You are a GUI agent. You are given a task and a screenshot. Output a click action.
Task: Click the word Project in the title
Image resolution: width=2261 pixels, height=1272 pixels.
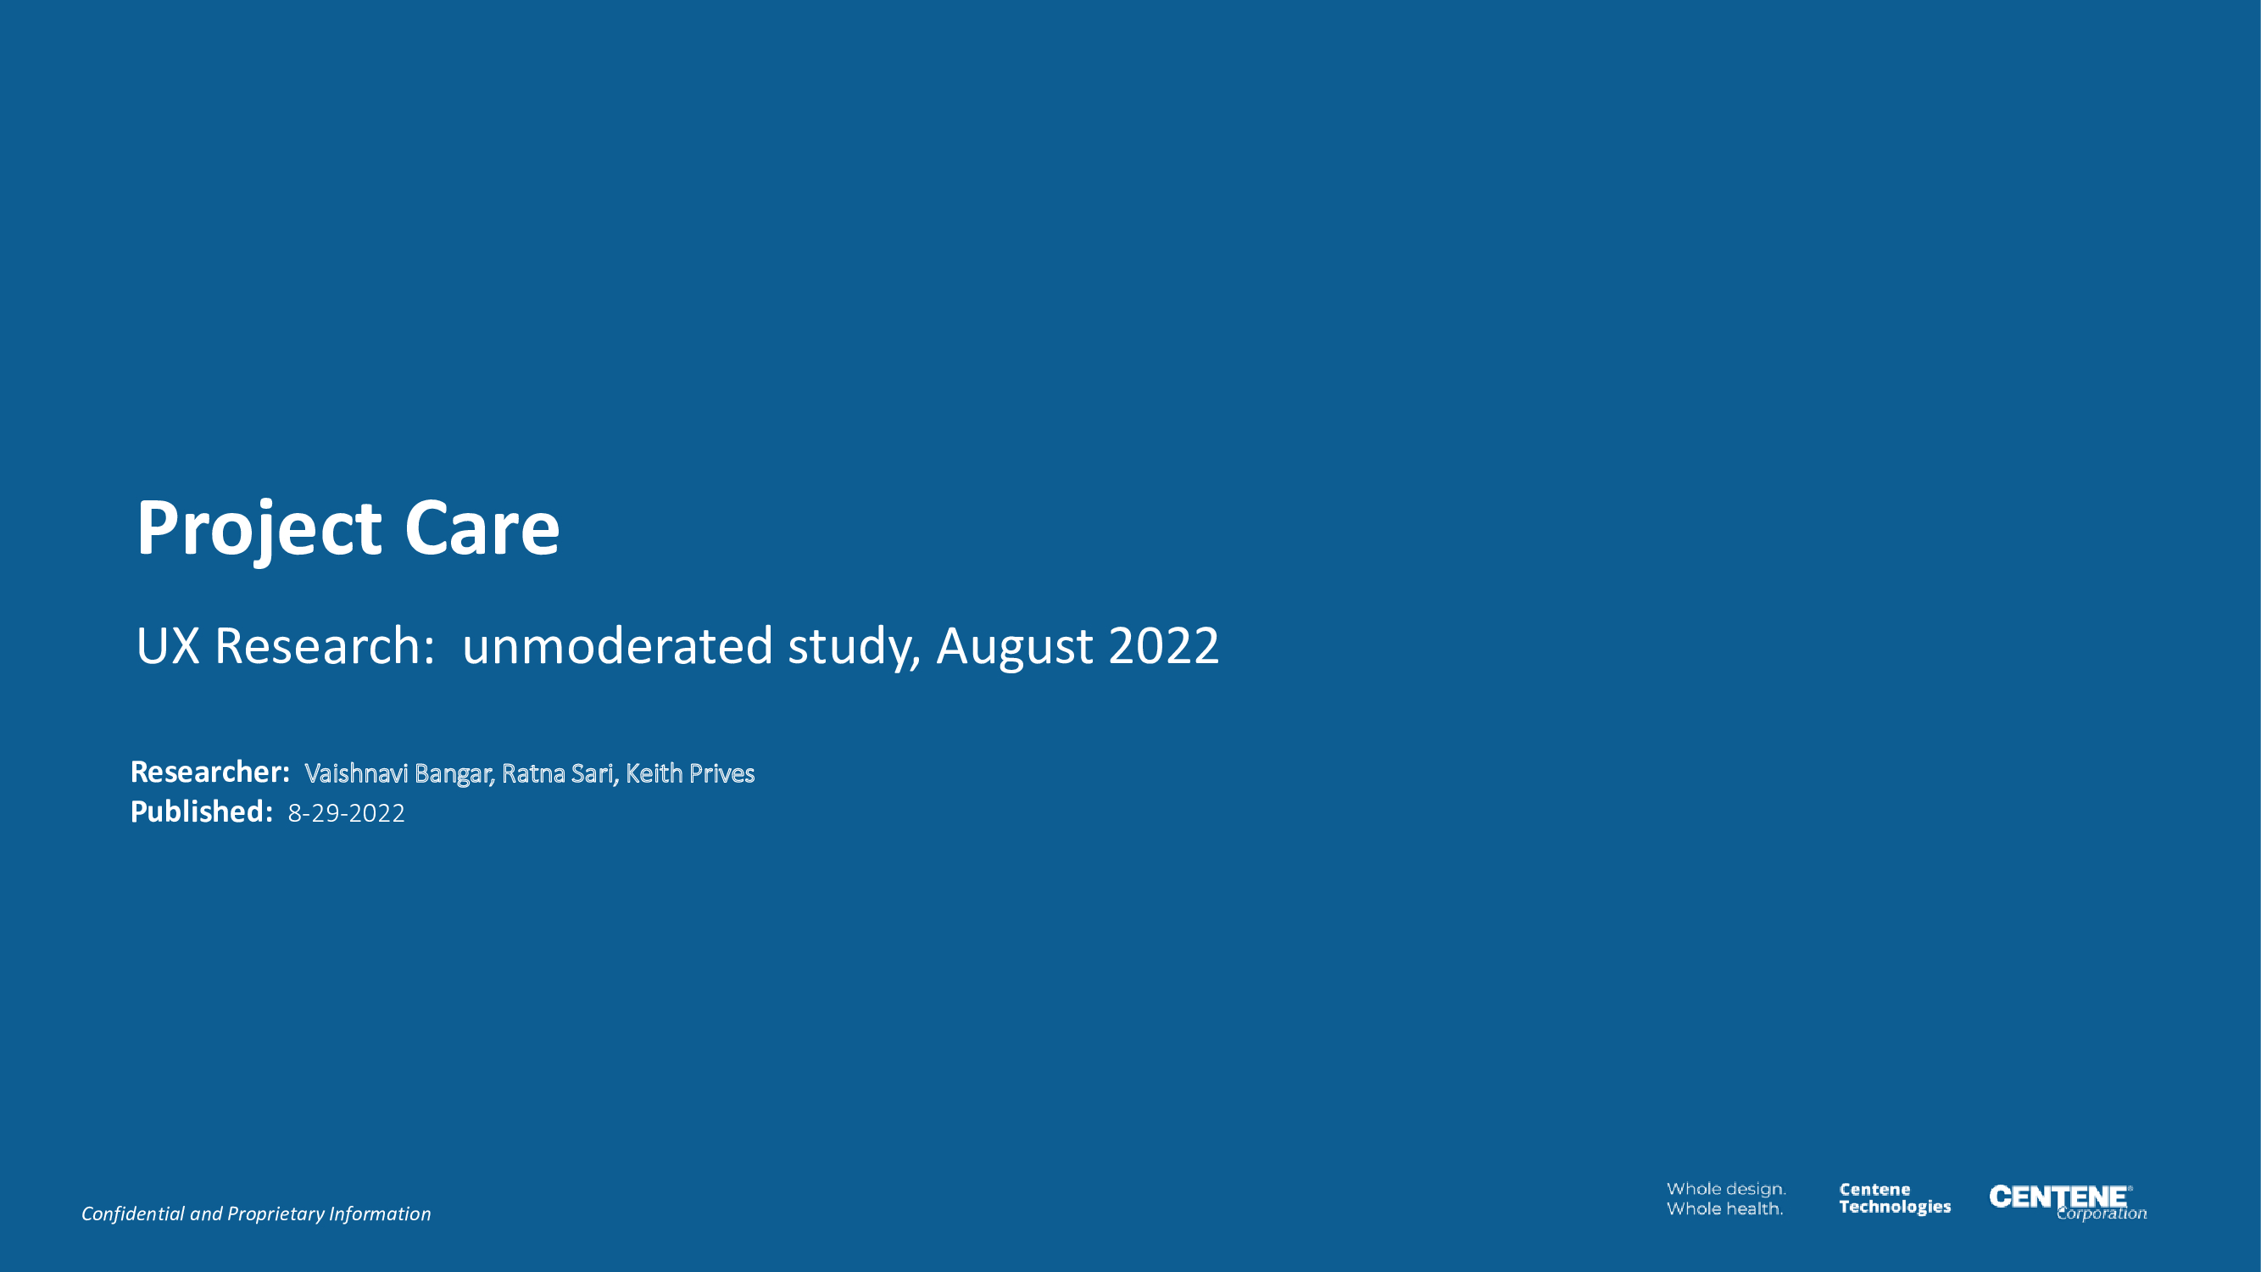[259, 528]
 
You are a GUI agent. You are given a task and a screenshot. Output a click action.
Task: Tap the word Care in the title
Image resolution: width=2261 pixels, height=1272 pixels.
[481, 528]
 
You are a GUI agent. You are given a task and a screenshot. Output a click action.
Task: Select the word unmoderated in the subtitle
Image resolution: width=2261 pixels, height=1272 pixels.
[617, 646]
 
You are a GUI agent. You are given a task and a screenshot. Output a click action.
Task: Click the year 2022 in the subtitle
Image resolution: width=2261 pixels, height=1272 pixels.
[1164, 646]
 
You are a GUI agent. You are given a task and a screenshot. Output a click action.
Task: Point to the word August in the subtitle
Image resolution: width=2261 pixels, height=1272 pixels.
[1015, 648]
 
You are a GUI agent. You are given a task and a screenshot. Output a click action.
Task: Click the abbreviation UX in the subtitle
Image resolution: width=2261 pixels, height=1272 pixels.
[168, 646]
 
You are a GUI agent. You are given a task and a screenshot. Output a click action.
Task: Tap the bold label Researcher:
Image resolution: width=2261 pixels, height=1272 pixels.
[209, 772]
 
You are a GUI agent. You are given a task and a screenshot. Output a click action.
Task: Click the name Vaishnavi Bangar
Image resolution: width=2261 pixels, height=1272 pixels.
[399, 773]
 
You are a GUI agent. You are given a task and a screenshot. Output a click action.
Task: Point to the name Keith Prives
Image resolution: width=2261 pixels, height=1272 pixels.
[690, 773]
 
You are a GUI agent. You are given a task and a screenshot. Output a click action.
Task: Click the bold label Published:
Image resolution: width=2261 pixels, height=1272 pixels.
[202, 812]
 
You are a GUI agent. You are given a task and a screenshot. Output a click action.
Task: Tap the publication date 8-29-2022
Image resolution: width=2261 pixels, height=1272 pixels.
[347, 814]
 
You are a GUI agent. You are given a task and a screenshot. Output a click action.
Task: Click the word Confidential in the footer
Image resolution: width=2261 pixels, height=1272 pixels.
[132, 1213]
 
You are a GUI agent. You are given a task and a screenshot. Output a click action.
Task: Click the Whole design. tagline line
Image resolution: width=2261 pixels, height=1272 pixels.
[1726, 1190]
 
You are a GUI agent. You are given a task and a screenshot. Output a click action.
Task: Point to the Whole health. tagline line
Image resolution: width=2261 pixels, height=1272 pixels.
[1724, 1208]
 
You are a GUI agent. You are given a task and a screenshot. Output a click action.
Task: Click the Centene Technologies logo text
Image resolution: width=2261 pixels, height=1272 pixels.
[1895, 1198]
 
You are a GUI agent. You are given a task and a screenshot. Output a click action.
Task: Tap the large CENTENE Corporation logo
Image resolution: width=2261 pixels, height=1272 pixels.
[2068, 1202]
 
